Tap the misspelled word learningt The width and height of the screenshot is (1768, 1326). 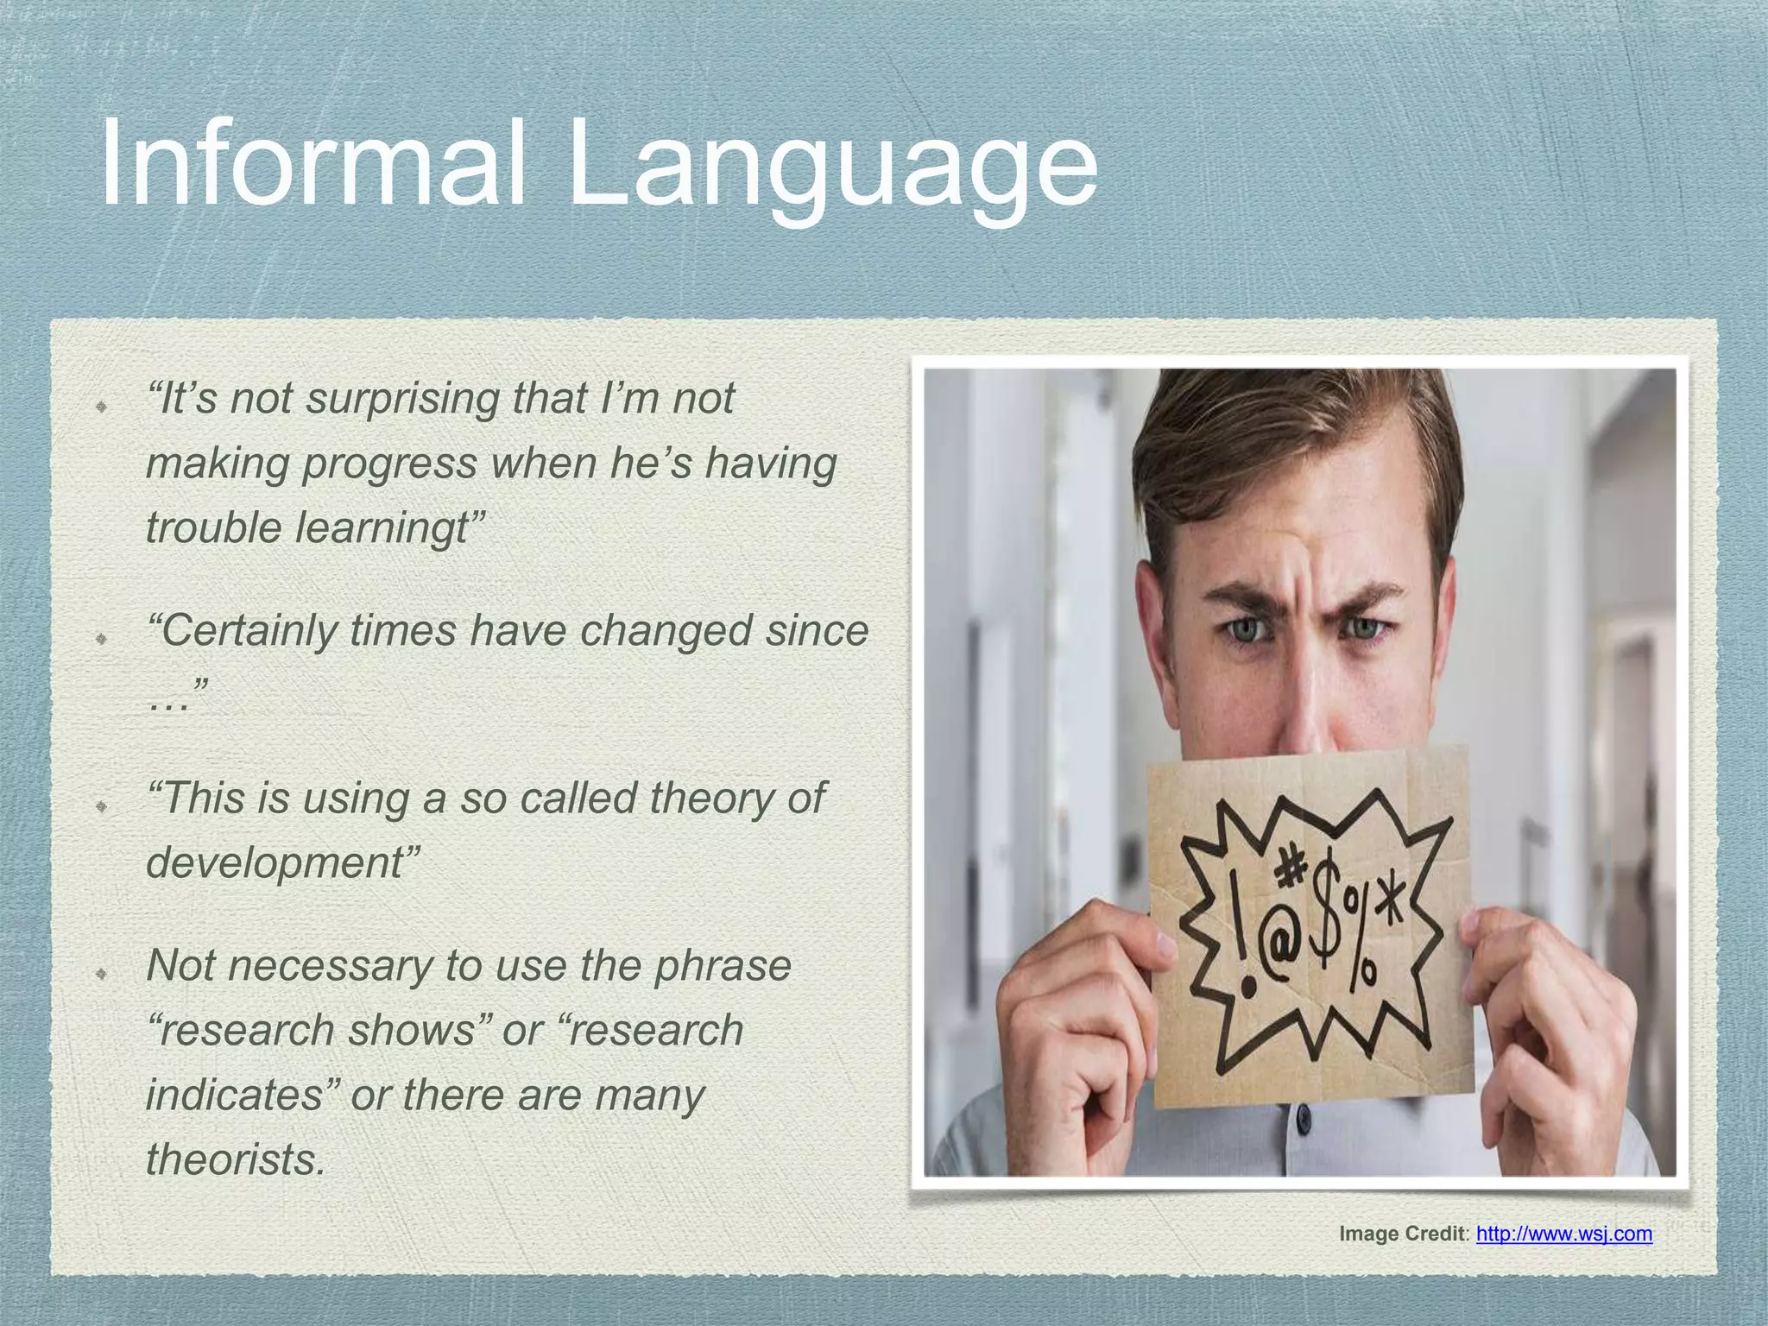click(382, 528)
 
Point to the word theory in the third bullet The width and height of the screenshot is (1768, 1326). click(712, 798)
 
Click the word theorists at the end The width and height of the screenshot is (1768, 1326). click(236, 1159)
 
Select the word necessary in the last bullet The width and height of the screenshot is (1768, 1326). click(330, 965)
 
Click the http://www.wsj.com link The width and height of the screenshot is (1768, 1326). click(1563, 1234)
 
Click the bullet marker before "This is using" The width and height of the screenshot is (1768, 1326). click(101, 806)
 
